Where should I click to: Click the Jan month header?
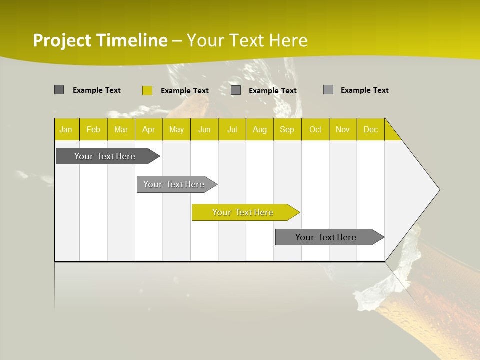(x=66, y=129)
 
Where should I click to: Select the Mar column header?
(x=121, y=129)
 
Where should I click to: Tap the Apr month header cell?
(x=149, y=129)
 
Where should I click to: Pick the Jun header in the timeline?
(x=204, y=129)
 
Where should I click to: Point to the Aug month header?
(x=260, y=129)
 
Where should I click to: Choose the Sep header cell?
(x=287, y=129)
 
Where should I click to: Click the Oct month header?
(x=315, y=129)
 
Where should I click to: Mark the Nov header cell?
(x=343, y=129)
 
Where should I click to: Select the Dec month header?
(x=371, y=129)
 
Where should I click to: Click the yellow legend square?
(x=147, y=90)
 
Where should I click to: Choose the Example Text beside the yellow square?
(x=184, y=90)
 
